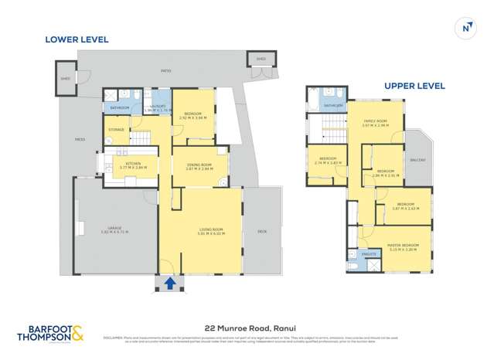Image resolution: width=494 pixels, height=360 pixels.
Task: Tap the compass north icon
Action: tap(465, 28)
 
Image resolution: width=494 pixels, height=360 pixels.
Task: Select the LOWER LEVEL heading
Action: tap(77, 39)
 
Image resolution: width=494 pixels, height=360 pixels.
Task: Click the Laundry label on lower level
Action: tap(155, 108)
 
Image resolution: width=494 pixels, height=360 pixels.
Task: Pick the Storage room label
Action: tap(117, 129)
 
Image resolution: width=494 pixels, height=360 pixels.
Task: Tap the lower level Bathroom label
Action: tap(120, 108)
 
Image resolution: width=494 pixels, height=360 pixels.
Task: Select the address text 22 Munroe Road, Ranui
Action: tap(247, 328)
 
